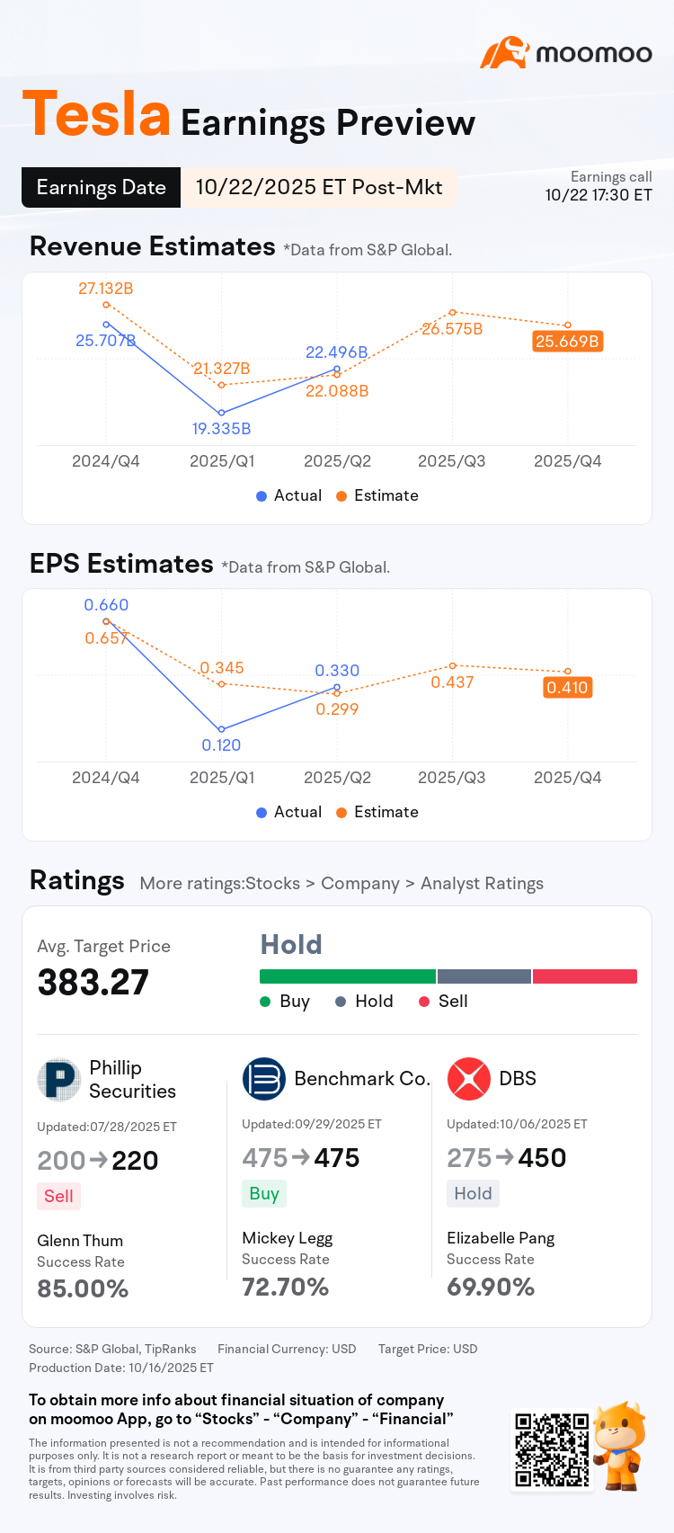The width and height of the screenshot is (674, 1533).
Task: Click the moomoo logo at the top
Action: point(567,53)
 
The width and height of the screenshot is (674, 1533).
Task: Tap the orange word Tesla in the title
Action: point(96,114)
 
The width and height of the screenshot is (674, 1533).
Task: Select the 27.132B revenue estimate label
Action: point(105,289)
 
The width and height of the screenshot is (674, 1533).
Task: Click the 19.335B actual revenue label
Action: point(221,429)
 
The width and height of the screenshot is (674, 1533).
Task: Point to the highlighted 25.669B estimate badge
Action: point(567,342)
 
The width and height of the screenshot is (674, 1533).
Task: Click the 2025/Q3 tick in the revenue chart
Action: point(451,461)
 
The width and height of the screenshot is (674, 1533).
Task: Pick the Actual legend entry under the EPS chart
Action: point(288,812)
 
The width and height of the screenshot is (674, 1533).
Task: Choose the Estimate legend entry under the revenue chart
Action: point(377,495)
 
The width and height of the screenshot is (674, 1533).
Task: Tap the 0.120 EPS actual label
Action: point(221,745)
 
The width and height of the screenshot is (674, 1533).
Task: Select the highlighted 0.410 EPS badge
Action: point(567,688)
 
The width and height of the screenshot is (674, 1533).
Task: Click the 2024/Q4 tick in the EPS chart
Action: point(105,778)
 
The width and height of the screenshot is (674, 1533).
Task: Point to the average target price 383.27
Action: point(93,983)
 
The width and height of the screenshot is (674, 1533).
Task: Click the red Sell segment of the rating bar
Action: point(584,976)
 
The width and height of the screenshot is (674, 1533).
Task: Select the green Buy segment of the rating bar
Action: point(347,976)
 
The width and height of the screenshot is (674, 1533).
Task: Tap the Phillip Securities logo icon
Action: point(59,1080)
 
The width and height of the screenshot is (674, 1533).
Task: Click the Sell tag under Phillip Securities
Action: point(58,1196)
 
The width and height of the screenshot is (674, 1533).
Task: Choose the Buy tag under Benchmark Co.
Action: point(263,1193)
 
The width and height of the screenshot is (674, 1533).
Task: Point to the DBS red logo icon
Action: point(469,1079)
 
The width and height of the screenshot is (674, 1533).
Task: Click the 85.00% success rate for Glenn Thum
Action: point(83,1289)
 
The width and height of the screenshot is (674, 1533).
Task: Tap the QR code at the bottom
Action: point(552,1449)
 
